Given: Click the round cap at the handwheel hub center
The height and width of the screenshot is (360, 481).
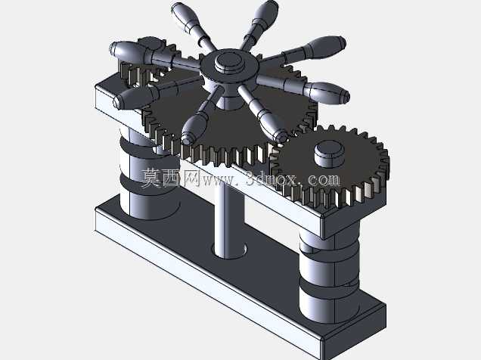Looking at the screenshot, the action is [228, 63].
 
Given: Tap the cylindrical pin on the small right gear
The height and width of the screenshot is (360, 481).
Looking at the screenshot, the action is [329, 154].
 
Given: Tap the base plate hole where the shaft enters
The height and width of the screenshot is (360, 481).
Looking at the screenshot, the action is [229, 250].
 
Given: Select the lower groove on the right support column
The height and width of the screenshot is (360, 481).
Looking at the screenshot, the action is [329, 284].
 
